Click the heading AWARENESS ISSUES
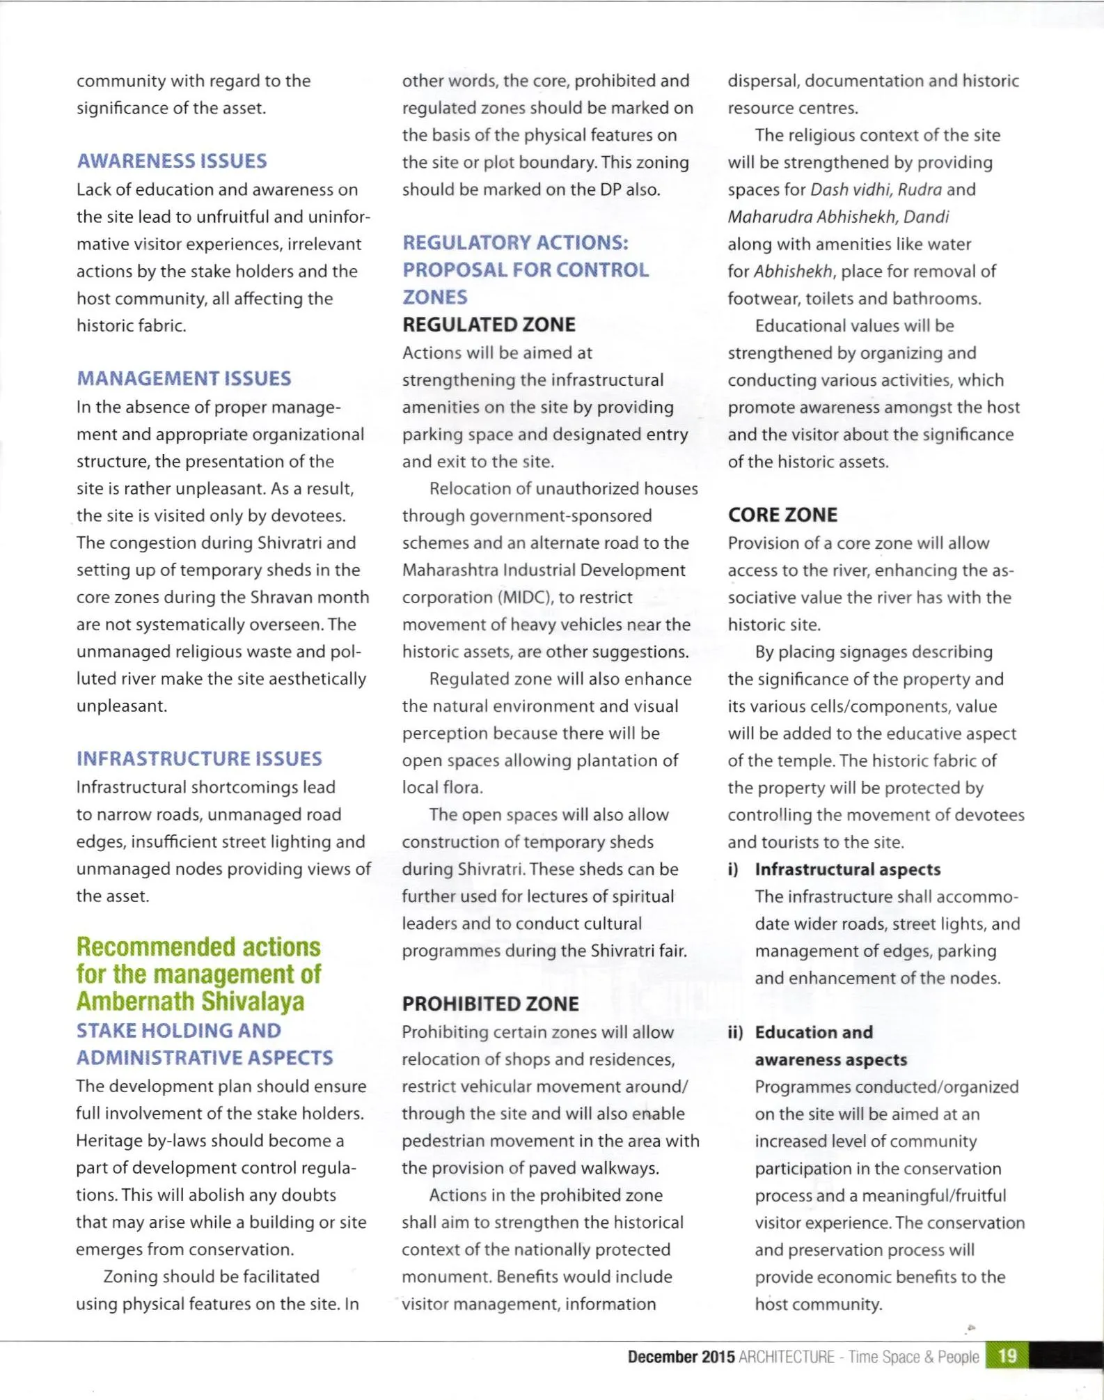(x=172, y=161)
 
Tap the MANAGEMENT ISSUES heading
(x=184, y=378)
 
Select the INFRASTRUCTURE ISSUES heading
(x=199, y=759)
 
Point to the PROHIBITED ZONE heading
(x=490, y=1004)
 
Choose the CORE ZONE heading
(x=782, y=515)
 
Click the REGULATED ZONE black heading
(x=489, y=325)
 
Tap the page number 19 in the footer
(x=1007, y=1356)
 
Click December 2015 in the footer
(x=681, y=1357)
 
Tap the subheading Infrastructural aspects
(x=847, y=869)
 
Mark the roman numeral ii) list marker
(x=735, y=1032)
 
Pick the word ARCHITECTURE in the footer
(x=786, y=1357)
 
